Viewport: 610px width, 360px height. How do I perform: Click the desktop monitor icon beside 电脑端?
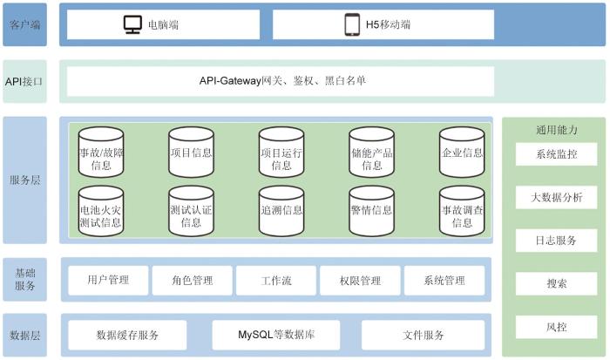pos(132,24)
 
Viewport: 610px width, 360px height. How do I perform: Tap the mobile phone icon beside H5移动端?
pos(352,24)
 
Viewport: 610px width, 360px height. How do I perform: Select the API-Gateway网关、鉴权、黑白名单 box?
pos(281,81)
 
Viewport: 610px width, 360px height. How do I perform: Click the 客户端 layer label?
pos(25,24)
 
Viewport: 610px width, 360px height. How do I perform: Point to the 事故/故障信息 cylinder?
pos(101,153)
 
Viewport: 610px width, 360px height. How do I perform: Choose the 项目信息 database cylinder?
pos(192,153)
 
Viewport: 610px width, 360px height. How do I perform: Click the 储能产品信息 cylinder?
pos(372,153)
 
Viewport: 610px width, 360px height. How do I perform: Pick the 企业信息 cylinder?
pos(462,153)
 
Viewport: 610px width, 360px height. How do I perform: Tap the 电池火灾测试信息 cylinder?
pos(101,211)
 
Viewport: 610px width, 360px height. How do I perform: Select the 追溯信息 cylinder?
pos(281,211)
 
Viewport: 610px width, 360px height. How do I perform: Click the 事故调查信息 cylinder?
pos(462,211)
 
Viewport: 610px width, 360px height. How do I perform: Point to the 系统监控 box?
pos(556,154)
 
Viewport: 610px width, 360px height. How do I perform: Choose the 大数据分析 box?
pos(556,197)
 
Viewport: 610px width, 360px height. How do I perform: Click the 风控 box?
pos(556,327)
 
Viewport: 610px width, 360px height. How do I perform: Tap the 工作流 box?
pos(276,280)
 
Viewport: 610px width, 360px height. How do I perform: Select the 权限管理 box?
pos(360,280)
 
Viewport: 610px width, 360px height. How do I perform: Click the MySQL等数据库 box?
pos(276,335)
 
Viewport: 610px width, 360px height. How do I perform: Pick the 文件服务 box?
pos(424,335)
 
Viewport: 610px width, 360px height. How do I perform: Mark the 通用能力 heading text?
pos(556,130)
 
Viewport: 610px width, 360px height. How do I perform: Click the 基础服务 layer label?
pos(25,279)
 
